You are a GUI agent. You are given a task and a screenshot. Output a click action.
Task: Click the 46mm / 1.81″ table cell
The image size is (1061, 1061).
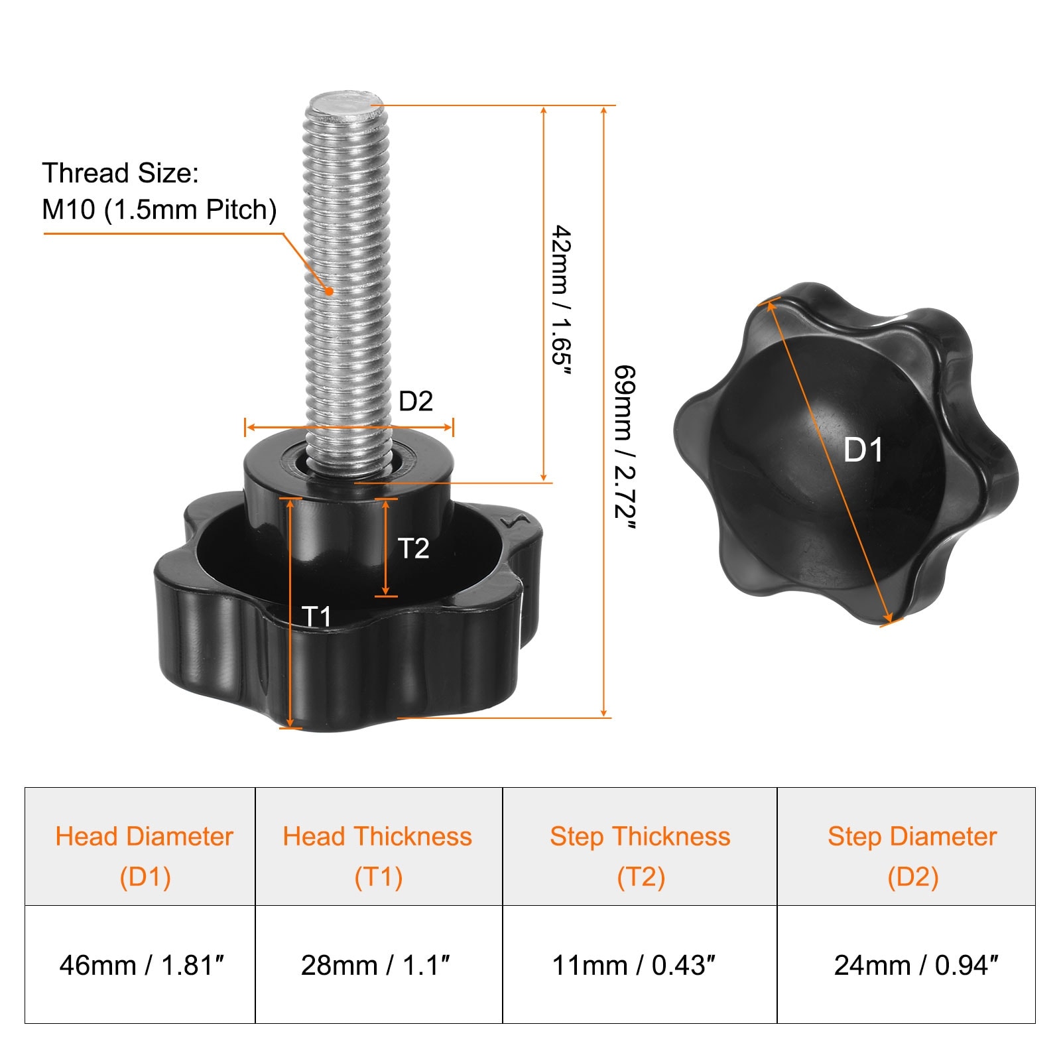point(140,964)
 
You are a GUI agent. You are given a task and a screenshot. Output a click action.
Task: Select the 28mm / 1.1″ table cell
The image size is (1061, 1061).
point(379,964)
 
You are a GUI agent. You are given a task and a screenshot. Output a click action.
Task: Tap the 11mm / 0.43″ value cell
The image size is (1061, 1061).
point(639,964)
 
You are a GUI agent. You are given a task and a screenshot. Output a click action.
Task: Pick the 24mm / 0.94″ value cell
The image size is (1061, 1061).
point(906,964)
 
